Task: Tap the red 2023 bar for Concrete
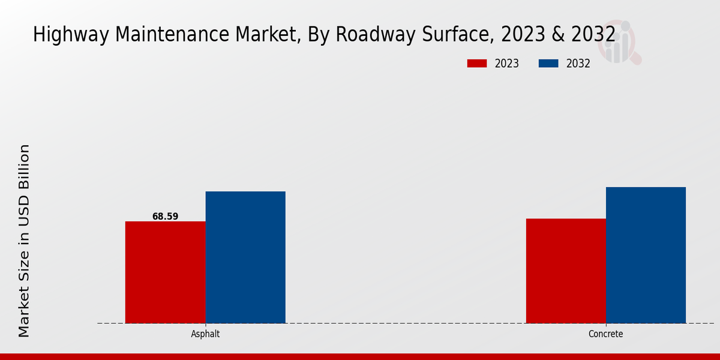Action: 566,271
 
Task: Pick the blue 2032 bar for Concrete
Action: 646,255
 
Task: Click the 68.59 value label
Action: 165,217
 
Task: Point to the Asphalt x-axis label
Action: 205,334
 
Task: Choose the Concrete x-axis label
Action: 606,334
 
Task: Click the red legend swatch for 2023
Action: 477,64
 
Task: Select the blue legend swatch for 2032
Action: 548,64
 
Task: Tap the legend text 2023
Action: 507,64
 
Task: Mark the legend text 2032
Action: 578,64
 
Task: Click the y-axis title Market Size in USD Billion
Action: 24,240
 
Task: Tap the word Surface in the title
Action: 458,35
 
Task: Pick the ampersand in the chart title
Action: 557,35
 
